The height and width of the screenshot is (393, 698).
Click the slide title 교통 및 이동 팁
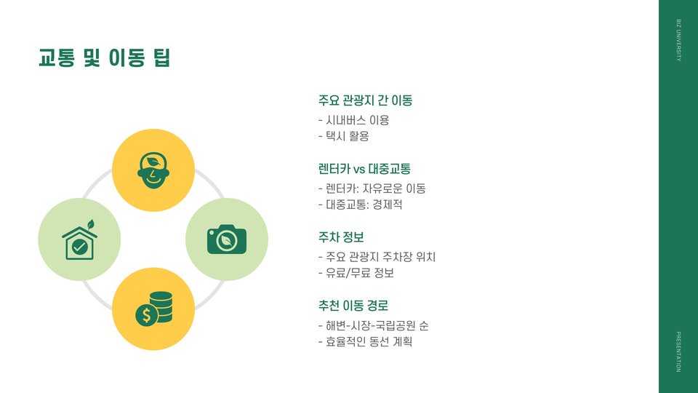click(104, 57)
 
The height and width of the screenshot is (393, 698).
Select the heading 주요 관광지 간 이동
click(365, 100)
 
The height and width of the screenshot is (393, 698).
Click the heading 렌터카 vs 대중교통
click(364, 169)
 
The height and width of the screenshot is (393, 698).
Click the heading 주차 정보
click(341, 237)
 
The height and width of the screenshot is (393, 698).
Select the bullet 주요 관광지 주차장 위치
click(377, 257)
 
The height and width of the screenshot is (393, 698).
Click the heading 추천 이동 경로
click(358, 306)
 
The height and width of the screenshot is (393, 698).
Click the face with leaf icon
click(153, 170)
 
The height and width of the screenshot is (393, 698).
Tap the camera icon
click(227, 239)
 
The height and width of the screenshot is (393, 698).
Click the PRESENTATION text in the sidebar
click(678, 352)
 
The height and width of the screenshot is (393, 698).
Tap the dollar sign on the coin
click(146, 315)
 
